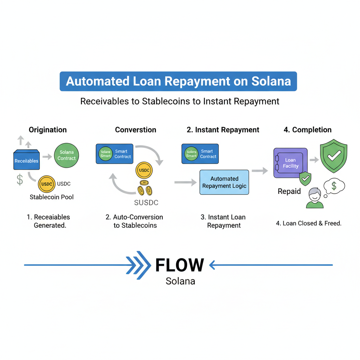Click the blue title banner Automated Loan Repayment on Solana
click(x=178, y=82)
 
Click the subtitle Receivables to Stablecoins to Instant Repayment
click(x=180, y=102)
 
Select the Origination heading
click(x=47, y=130)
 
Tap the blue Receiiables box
click(x=26, y=161)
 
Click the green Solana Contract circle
click(x=66, y=155)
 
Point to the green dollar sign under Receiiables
click(x=20, y=179)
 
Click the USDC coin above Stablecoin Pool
click(x=46, y=184)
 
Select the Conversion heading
click(x=135, y=130)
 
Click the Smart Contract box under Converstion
click(x=114, y=154)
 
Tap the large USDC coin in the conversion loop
click(x=144, y=171)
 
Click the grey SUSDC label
click(x=146, y=202)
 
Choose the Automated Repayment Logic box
click(x=224, y=182)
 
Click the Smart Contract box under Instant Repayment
click(x=200, y=154)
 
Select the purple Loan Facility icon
click(x=290, y=163)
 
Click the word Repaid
click(x=289, y=192)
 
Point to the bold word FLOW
click(x=179, y=265)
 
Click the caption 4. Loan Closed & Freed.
click(x=308, y=223)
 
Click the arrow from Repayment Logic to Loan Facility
click(x=259, y=171)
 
